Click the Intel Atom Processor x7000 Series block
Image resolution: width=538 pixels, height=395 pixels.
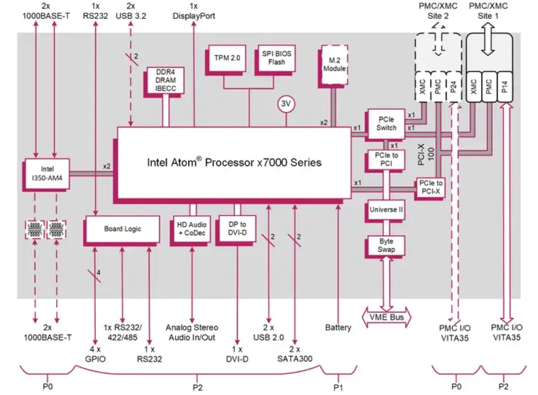pyautogui.click(x=234, y=163)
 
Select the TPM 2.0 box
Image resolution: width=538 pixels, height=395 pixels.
pyautogui.click(x=227, y=58)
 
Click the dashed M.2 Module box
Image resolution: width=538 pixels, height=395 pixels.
pyautogui.click(x=334, y=64)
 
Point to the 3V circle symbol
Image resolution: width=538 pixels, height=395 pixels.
pyautogui.click(x=286, y=104)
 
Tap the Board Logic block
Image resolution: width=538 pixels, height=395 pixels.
pyautogui.click(x=122, y=229)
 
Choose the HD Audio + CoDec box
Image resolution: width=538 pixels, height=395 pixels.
pyautogui.click(x=192, y=229)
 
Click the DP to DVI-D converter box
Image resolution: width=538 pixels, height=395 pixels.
pyautogui.click(x=237, y=229)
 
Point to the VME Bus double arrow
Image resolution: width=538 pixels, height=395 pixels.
pyautogui.click(x=387, y=317)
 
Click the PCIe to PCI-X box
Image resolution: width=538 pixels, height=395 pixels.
pyautogui.click(x=431, y=187)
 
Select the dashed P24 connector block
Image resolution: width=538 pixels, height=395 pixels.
pyautogui.click(x=454, y=87)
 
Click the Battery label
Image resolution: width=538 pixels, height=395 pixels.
pyautogui.click(x=338, y=328)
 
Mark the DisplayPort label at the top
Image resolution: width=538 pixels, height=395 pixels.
pyautogui.click(x=194, y=16)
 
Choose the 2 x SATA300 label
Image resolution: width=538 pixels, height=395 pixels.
pyautogui.click(x=295, y=353)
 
